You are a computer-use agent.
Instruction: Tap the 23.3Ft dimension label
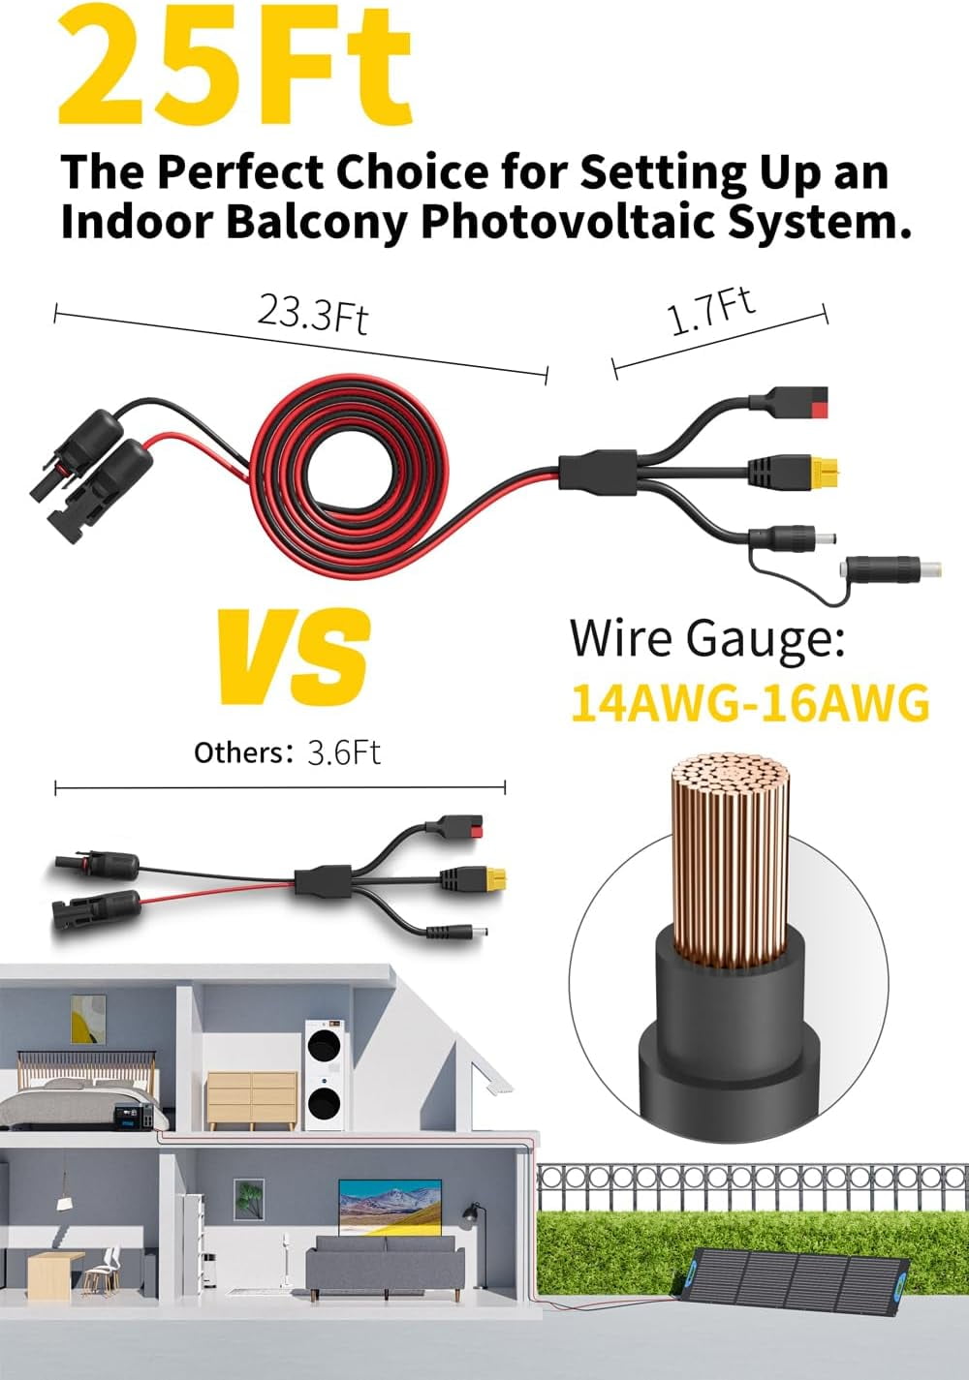[312, 314]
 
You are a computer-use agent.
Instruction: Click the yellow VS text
[295, 657]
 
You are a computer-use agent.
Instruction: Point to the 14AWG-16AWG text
[750, 702]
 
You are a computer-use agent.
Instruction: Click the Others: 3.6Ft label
[287, 752]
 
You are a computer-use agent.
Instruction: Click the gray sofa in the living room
[385, 1269]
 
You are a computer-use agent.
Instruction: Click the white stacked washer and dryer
[326, 1075]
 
